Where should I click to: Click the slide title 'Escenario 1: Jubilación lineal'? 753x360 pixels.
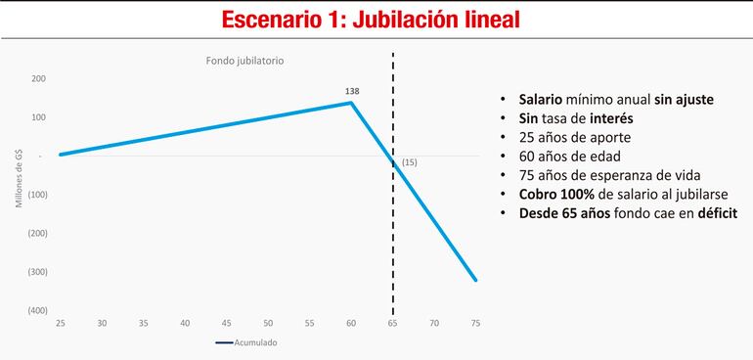tap(376, 20)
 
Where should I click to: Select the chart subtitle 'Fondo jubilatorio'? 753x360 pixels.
tap(244, 61)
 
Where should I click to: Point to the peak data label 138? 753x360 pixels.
tap(352, 90)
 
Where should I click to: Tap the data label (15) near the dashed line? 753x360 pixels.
tap(409, 162)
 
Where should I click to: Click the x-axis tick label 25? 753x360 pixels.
tap(60, 324)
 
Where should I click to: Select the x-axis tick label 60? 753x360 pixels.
tap(351, 324)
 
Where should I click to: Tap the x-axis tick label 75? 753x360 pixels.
tap(475, 324)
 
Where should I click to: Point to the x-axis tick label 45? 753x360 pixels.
tap(226, 324)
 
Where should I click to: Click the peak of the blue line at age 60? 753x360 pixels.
tap(351, 103)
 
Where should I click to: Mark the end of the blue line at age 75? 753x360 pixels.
tap(475, 281)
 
